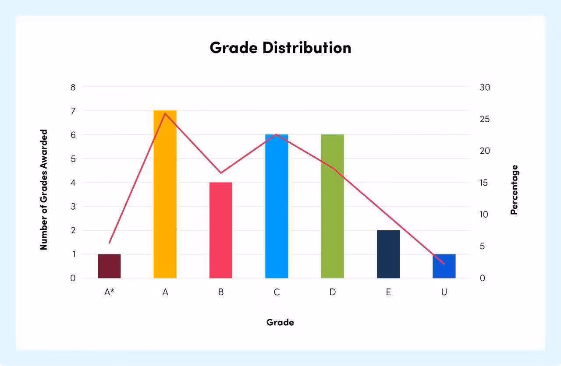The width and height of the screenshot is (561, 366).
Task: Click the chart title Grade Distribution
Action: [x=280, y=48]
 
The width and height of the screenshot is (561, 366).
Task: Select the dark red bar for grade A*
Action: [x=109, y=266]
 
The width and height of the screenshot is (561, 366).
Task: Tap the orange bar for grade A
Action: [x=165, y=194]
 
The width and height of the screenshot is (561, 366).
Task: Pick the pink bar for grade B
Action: [x=221, y=230]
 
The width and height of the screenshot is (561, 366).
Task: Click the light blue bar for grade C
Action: [x=277, y=206]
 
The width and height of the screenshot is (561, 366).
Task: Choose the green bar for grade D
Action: [x=332, y=206]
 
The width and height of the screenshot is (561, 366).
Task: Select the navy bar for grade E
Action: [x=388, y=254]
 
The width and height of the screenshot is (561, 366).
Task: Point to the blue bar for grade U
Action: [x=444, y=266]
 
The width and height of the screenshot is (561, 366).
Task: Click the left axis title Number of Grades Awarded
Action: [x=43, y=190]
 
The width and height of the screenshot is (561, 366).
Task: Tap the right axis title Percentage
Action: [x=515, y=190]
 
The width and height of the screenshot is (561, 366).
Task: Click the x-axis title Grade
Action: [x=280, y=323]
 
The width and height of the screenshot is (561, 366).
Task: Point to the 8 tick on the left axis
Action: [x=73, y=87]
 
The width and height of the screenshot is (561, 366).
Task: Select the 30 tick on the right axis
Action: [x=485, y=87]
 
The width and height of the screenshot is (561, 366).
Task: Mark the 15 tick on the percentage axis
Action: [x=484, y=183]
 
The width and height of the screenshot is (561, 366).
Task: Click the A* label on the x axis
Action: [x=109, y=292]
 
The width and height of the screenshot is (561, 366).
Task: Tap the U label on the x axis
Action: [x=444, y=292]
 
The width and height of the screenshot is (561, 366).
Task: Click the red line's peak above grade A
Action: [x=165, y=113]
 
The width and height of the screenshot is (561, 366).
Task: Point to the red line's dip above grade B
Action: [x=221, y=173]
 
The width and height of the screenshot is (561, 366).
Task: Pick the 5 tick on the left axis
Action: [x=73, y=159]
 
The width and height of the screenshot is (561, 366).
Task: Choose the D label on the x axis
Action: [x=332, y=292]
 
